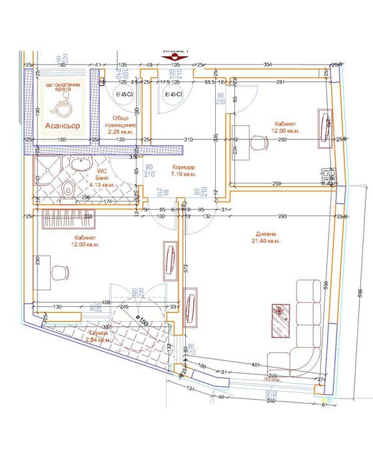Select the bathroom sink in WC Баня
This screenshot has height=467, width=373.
pyautogui.click(x=85, y=164)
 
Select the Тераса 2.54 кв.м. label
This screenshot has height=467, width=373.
pyautogui.click(x=97, y=336)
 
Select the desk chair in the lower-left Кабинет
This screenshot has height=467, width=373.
pyautogui.click(x=61, y=272)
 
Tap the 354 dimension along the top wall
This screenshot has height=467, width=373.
pyautogui.click(x=267, y=64)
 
